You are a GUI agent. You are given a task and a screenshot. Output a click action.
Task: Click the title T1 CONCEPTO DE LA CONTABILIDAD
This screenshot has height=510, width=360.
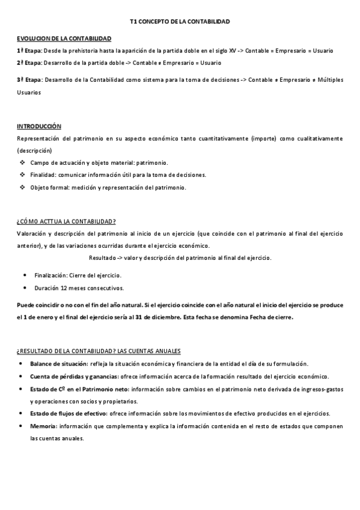point(180,22)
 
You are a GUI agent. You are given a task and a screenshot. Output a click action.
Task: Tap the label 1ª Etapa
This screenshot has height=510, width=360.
point(29,51)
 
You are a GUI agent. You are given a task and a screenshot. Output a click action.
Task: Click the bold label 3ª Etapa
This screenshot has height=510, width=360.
point(29,79)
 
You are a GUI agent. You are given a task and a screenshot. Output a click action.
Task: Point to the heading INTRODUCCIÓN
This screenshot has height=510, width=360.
point(39,126)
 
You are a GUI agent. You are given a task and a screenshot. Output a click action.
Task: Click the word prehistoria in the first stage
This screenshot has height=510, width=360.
point(74,51)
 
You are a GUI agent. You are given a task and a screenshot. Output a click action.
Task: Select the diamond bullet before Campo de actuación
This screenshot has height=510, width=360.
point(22,163)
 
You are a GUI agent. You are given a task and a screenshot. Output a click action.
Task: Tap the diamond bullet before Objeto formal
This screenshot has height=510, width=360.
point(22,187)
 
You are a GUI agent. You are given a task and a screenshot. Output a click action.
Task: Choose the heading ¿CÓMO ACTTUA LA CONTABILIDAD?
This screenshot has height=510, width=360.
point(66,221)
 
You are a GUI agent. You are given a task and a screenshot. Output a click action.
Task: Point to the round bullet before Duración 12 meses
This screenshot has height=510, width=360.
point(23,287)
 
